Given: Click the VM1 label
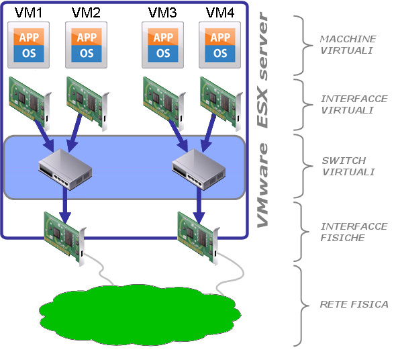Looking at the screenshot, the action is click(x=28, y=13).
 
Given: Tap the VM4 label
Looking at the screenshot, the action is click(x=220, y=13).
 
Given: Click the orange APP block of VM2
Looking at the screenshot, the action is click(x=87, y=37).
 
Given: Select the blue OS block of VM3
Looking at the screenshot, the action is click(x=163, y=54).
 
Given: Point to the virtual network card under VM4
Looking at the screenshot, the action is click(x=221, y=103).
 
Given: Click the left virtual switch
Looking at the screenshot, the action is click(x=65, y=169).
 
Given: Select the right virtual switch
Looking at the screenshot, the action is click(x=199, y=169).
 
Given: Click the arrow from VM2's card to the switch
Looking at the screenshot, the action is click(x=75, y=133).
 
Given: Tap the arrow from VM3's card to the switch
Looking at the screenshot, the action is click(x=179, y=136).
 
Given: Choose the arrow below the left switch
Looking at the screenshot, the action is click(x=65, y=206).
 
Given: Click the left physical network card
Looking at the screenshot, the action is click(x=65, y=238).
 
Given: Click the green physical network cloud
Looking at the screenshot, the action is click(x=140, y=315).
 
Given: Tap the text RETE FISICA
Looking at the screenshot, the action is click(x=354, y=304).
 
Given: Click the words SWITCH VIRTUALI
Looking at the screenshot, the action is click(x=348, y=167).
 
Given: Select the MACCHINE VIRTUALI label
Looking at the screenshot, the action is click(x=348, y=45).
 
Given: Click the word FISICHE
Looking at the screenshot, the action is click(x=342, y=238).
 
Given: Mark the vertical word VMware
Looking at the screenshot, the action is click(x=262, y=185).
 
